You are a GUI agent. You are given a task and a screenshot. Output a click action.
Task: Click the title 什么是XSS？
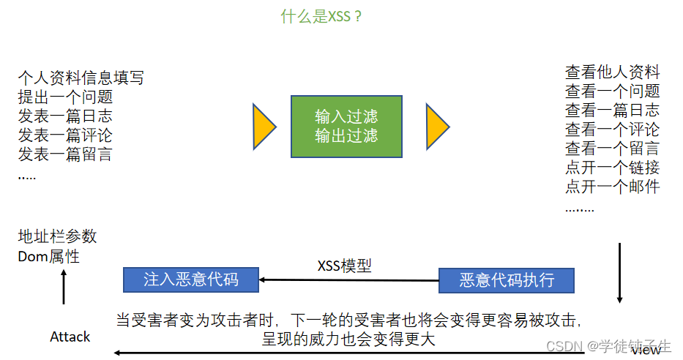(x=322, y=16)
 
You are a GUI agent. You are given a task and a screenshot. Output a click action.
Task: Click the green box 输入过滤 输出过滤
(x=346, y=126)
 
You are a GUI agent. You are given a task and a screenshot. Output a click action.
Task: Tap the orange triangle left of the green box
(x=263, y=127)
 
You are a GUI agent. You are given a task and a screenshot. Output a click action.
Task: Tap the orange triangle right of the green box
(x=436, y=127)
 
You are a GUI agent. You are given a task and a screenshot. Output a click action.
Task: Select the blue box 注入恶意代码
(x=191, y=279)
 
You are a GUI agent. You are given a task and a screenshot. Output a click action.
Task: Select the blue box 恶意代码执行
(x=507, y=280)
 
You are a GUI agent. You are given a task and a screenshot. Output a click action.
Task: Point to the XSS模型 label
(x=344, y=266)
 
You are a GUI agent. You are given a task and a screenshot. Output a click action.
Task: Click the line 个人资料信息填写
(x=81, y=78)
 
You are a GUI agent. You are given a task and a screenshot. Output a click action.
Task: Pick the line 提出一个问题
(x=65, y=97)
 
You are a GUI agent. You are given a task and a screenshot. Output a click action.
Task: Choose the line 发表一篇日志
(x=65, y=116)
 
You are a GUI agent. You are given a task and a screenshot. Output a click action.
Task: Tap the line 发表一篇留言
(x=65, y=154)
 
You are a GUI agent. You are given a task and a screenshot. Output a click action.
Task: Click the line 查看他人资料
(x=612, y=72)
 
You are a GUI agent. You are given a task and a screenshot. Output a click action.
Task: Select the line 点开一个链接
(x=612, y=168)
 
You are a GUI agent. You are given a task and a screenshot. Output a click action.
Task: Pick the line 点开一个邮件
(x=612, y=187)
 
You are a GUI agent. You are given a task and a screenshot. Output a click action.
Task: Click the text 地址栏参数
(x=57, y=237)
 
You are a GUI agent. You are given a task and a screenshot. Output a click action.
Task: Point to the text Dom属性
(x=49, y=256)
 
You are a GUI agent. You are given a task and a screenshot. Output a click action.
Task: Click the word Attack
(x=70, y=337)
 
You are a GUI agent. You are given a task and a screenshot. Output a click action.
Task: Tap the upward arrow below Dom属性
(x=64, y=286)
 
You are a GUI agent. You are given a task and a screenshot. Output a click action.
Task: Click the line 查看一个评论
(x=612, y=130)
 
